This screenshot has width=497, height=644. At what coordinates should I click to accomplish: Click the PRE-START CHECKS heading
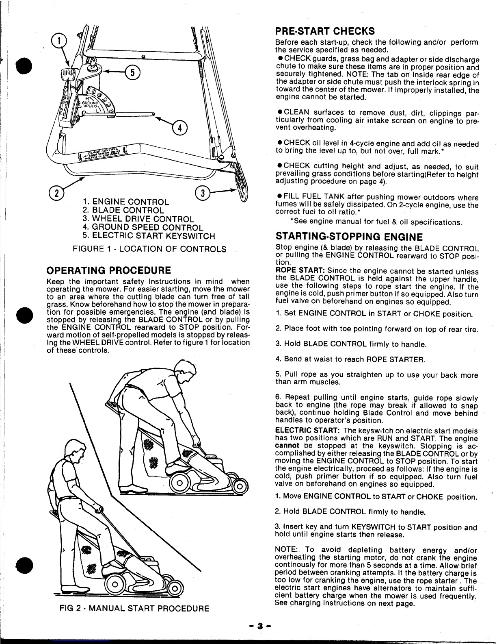pos(325,31)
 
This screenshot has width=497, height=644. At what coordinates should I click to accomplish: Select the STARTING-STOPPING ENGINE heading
pos(349,237)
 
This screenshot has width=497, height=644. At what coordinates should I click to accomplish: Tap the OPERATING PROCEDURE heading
pos(108,270)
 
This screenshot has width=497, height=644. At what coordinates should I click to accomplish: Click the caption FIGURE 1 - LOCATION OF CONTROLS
pos(149,249)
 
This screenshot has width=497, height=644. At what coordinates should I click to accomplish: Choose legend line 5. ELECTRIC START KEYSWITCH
pos(148,236)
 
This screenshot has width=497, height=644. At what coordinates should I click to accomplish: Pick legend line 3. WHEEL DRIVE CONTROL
pos(138,219)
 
